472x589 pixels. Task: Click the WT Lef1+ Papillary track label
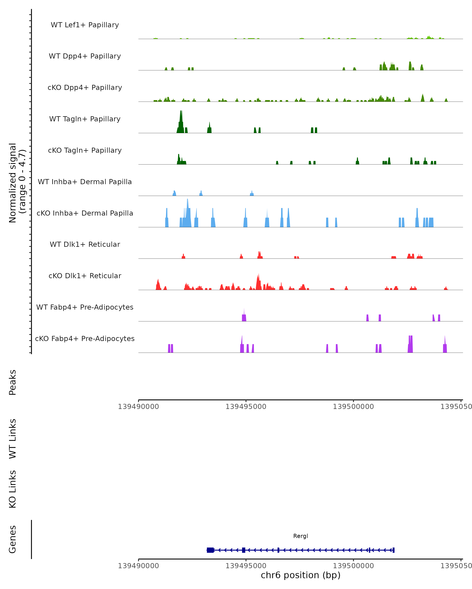click(x=85, y=25)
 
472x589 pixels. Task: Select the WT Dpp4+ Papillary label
click(x=85, y=56)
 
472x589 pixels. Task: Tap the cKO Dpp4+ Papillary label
click(x=85, y=88)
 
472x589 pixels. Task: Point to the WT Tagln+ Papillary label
click(x=85, y=119)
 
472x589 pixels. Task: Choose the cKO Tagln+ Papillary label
click(x=85, y=151)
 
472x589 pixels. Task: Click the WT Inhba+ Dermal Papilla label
click(x=85, y=182)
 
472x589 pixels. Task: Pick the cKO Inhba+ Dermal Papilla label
click(x=85, y=213)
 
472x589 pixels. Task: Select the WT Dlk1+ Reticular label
click(x=85, y=244)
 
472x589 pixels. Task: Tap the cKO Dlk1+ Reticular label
click(x=85, y=276)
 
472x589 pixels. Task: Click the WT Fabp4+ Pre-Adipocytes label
click(x=85, y=307)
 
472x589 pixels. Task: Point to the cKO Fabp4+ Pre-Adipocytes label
click(x=85, y=339)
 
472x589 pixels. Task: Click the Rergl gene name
click(x=301, y=536)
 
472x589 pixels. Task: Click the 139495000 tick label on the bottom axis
click(x=246, y=566)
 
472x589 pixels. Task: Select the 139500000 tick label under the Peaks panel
click(x=353, y=407)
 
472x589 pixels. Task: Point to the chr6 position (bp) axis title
click(x=301, y=575)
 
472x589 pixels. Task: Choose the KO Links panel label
click(x=13, y=489)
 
